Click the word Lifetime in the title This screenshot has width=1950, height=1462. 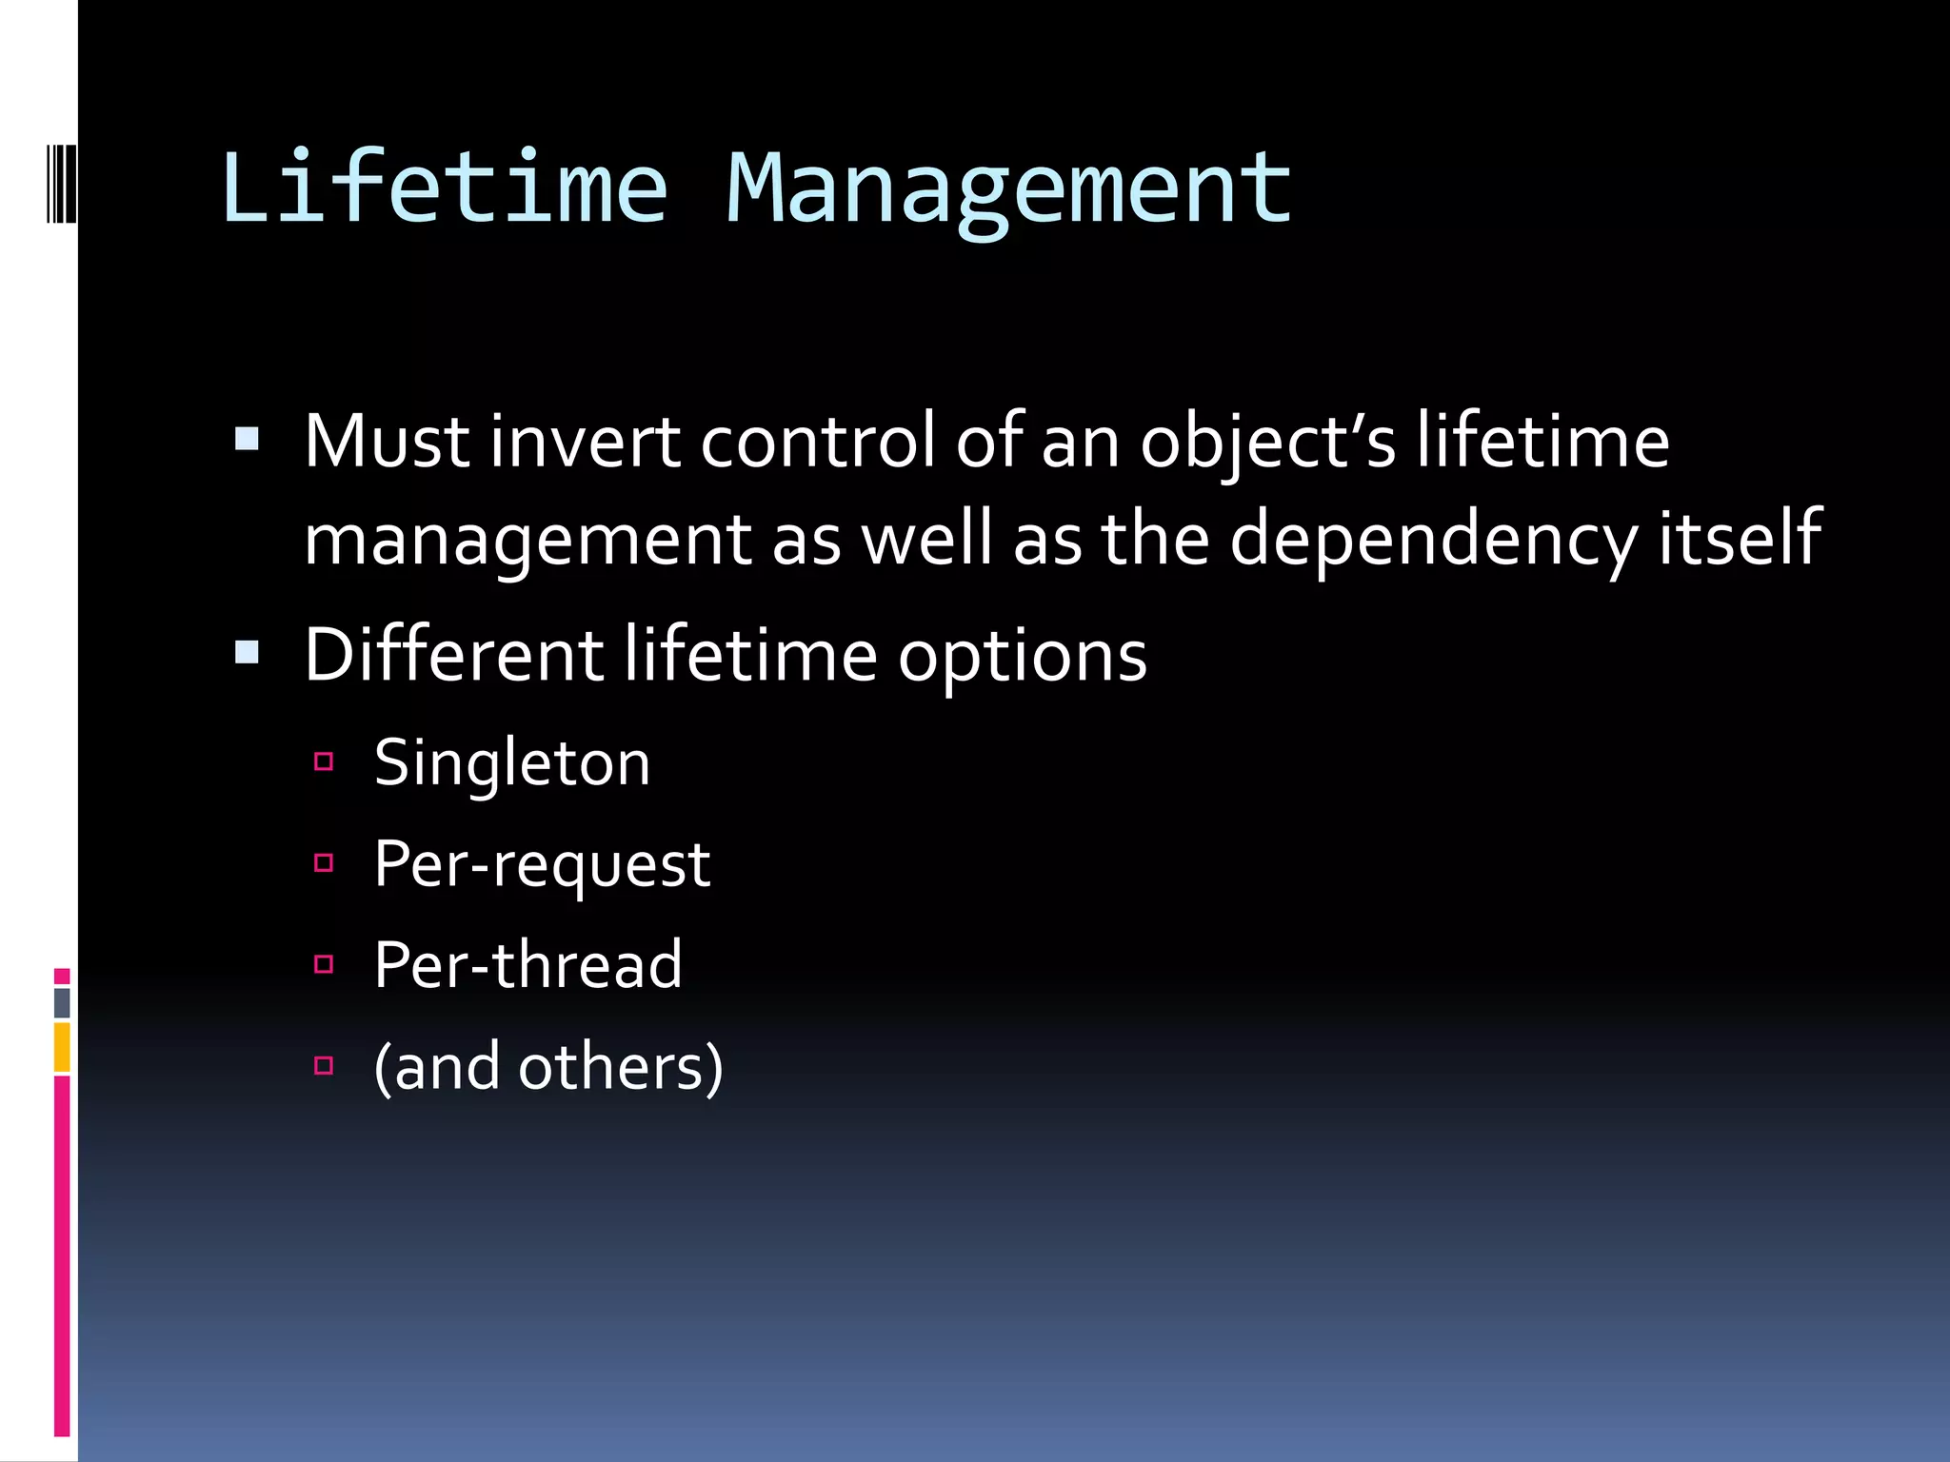[x=444, y=188]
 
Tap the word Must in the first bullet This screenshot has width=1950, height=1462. [x=387, y=442]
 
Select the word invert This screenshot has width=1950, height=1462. [x=585, y=442]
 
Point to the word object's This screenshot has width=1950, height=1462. [x=1267, y=444]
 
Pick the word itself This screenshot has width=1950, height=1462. [x=1741, y=537]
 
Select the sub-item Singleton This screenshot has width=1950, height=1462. [x=512, y=763]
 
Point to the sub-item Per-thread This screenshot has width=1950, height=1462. [x=528, y=965]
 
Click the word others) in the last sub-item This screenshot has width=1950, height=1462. [x=621, y=1067]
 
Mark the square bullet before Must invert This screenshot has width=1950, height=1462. [x=247, y=439]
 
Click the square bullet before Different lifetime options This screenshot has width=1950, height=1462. [x=247, y=652]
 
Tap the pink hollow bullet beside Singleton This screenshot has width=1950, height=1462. [x=324, y=761]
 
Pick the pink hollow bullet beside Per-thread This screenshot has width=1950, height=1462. [x=324, y=964]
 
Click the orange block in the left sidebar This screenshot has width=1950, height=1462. [x=62, y=1047]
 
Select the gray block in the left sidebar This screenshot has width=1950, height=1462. [x=62, y=1002]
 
